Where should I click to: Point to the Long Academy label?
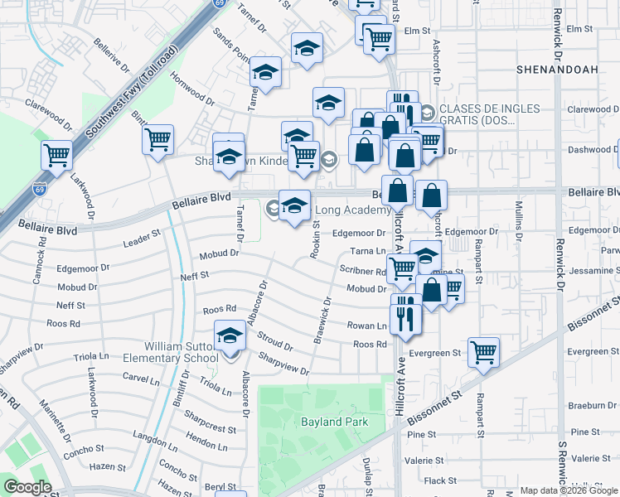coord(350,210)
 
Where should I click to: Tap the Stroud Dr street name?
coord(274,340)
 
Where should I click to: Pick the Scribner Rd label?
coord(362,269)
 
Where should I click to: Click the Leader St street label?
coord(141,239)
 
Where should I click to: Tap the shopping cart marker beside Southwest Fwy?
coord(56,155)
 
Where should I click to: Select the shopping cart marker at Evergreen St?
coord(483,351)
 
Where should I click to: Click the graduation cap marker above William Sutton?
coord(230,335)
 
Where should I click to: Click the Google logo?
coord(28,487)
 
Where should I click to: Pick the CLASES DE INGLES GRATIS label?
coord(489,114)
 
